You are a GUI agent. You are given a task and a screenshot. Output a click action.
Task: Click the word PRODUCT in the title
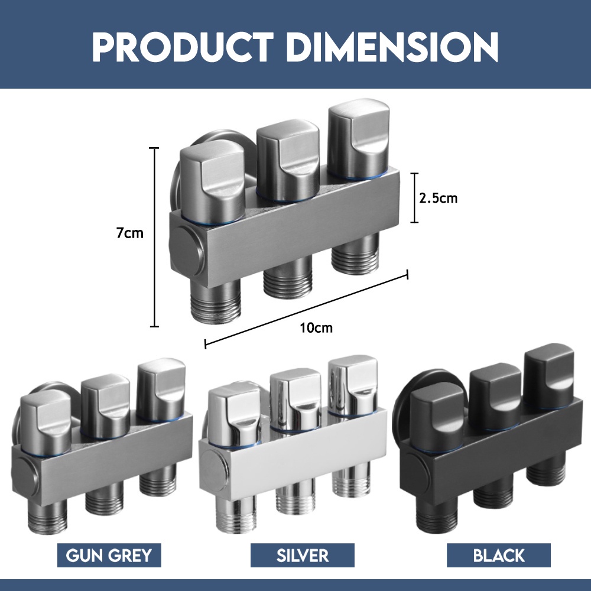pyautogui.click(x=183, y=47)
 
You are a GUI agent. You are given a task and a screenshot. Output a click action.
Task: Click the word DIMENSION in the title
pyautogui.click(x=395, y=47)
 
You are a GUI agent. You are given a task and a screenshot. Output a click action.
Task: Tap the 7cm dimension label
pyautogui.click(x=129, y=233)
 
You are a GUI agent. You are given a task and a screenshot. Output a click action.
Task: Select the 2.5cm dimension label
pyautogui.click(x=439, y=198)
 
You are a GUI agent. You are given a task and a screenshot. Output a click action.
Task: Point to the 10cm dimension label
pyautogui.click(x=316, y=328)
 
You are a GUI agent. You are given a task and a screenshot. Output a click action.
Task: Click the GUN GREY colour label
pyautogui.click(x=109, y=555)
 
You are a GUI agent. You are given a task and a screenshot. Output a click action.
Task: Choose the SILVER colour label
pyautogui.click(x=302, y=555)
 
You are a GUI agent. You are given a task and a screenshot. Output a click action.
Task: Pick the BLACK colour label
pyautogui.click(x=499, y=555)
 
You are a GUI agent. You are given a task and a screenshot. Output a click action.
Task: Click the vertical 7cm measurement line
pyautogui.click(x=154, y=237)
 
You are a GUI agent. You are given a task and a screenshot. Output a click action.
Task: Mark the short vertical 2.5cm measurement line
pyautogui.click(x=414, y=198)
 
